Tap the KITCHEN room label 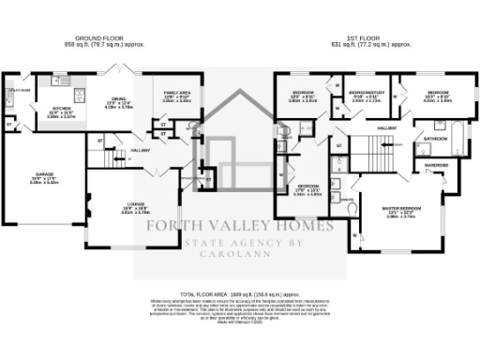pyautogui.click(x=62, y=109)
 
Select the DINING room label pyautogui.click(x=117, y=100)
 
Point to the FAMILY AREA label pyautogui.click(x=177, y=93)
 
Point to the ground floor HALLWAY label pyautogui.click(x=141, y=150)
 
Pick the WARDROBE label pyautogui.click(x=437, y=165)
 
